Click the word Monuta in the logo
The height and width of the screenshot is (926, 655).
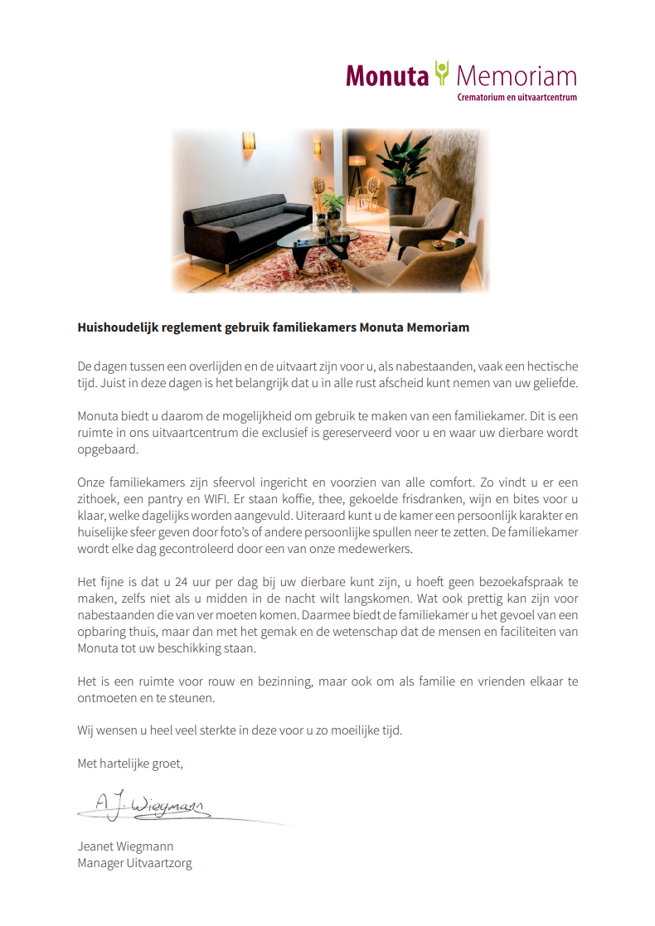387,77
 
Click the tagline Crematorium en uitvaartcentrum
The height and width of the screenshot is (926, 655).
517,97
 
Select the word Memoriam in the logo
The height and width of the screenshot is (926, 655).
516,77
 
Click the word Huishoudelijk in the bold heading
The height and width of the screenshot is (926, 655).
118,327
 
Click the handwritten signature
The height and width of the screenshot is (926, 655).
149,803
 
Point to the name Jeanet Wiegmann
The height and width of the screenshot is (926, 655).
125,846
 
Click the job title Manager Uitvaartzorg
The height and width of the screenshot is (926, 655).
134,863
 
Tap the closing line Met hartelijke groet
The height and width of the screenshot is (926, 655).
130,763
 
